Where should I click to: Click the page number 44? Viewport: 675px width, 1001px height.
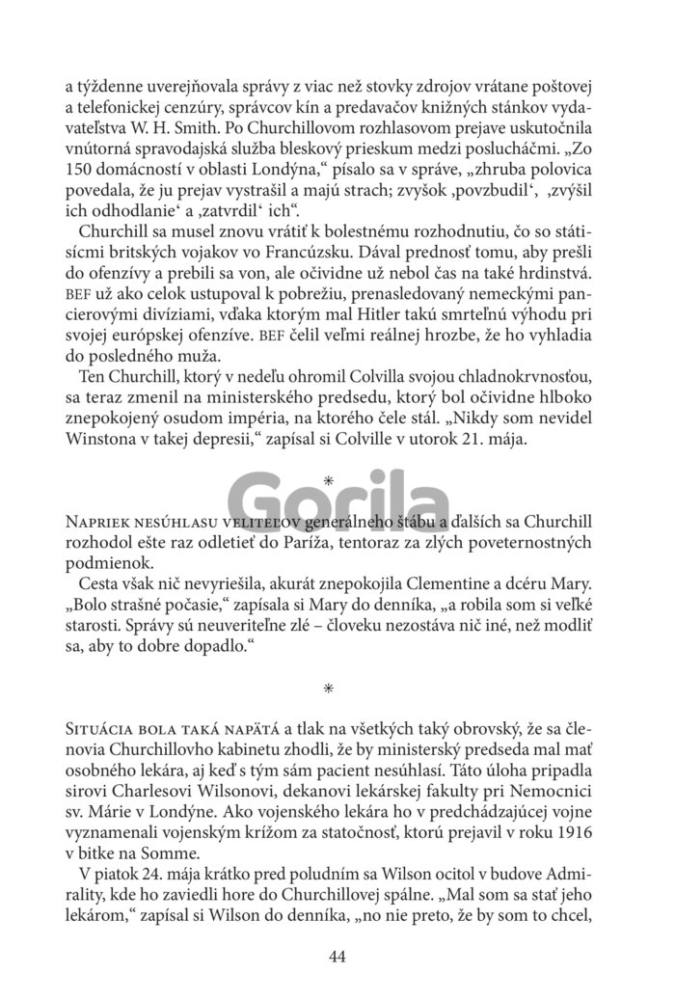337,957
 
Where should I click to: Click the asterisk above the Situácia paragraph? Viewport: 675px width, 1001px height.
329,688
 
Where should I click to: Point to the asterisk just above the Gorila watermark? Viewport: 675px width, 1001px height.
329,479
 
